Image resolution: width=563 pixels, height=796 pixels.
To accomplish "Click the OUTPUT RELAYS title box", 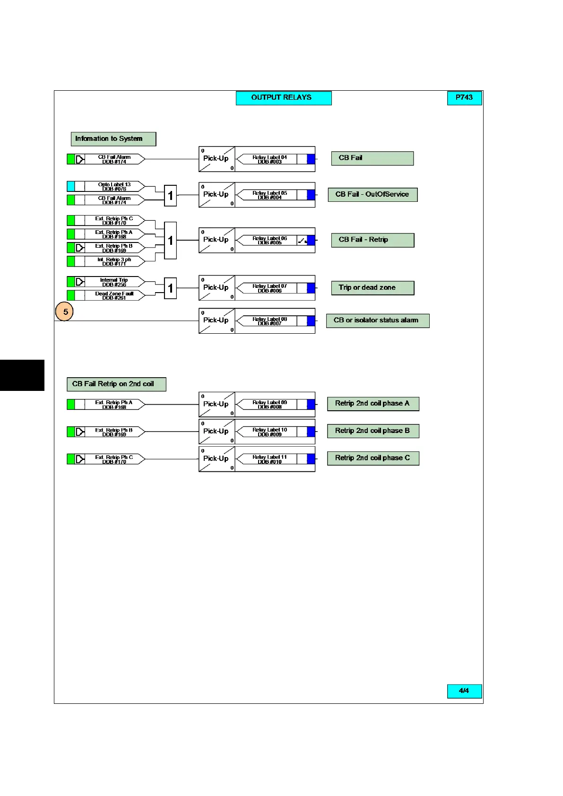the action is click(284, 98).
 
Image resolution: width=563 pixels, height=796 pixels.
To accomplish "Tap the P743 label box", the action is click(464, 98).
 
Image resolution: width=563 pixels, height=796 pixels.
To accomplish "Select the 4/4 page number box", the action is click(464, 691).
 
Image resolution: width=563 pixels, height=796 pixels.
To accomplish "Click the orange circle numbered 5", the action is click(65, 311).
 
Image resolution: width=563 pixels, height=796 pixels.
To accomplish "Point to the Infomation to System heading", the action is click(113, 139).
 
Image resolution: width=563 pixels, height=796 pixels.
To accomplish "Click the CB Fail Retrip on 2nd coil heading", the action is click(116, 384).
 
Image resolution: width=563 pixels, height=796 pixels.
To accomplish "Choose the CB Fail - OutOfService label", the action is click(372, 195).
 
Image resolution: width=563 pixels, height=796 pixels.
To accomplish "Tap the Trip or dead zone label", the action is click(372, 288).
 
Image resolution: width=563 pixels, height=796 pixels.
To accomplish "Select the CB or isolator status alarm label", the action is click(377, 320).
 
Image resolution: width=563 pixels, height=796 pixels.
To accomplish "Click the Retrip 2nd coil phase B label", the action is click(373, 431).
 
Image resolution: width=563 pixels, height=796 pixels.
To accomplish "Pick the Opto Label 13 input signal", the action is click(114, 186).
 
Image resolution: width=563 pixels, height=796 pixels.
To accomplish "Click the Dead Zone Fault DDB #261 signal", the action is click(114, 295).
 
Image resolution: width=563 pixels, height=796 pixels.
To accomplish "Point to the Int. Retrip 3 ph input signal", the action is click(114, 261).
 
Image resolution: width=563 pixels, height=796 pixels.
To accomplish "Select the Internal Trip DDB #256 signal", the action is click(114, 282).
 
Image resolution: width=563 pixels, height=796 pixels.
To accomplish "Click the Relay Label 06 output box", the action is click(270, 240).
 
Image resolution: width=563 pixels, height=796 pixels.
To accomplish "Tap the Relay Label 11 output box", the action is click(270, 459).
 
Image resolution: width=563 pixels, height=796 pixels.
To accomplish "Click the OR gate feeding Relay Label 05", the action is click(170, 196).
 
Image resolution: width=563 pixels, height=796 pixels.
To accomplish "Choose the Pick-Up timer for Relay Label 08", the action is click(217, 321).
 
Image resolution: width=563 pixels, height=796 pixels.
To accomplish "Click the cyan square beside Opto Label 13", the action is click(71, 186).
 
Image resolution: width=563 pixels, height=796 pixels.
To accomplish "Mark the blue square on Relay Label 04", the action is click(311, 159).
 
